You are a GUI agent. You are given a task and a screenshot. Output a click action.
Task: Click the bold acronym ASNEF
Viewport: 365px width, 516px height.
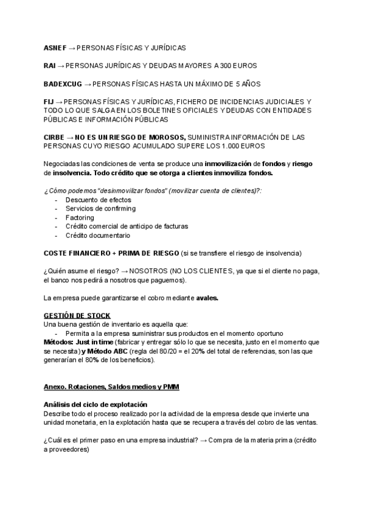tap(55, 47)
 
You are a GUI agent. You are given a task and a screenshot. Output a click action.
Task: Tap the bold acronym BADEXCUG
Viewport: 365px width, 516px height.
tap(62, 83)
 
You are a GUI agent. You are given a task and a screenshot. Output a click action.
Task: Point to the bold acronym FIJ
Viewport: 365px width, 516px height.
tap(49, 100)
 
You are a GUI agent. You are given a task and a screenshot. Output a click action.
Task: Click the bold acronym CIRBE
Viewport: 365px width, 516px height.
tap(55, 138)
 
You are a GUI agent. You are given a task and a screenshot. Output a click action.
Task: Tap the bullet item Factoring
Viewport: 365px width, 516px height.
tap(79, 217)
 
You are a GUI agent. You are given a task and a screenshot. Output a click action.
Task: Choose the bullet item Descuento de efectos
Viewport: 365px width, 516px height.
tap(98, 200)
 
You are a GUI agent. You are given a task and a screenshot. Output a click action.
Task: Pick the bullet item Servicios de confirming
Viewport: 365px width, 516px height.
tap(100, 209)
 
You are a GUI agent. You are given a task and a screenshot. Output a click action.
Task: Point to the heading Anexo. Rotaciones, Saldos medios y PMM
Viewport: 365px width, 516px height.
tap(111, 387)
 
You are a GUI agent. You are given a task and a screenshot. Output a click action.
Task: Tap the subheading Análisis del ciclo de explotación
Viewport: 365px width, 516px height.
tap(96, 405)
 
